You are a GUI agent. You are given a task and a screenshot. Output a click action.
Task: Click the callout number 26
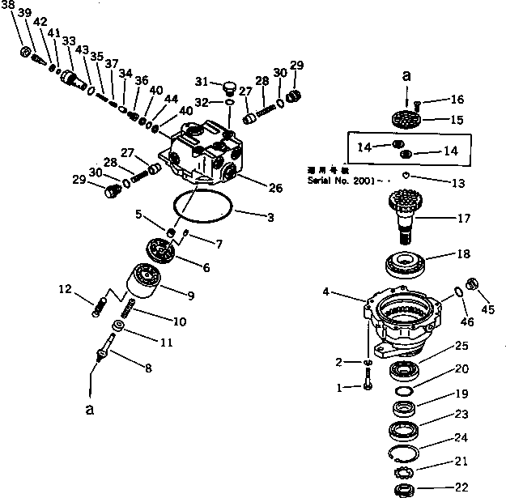tap(275, 189)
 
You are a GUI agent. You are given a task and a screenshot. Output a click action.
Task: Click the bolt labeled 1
tap(369, 381)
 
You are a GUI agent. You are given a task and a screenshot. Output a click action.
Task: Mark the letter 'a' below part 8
tap(90, 410)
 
